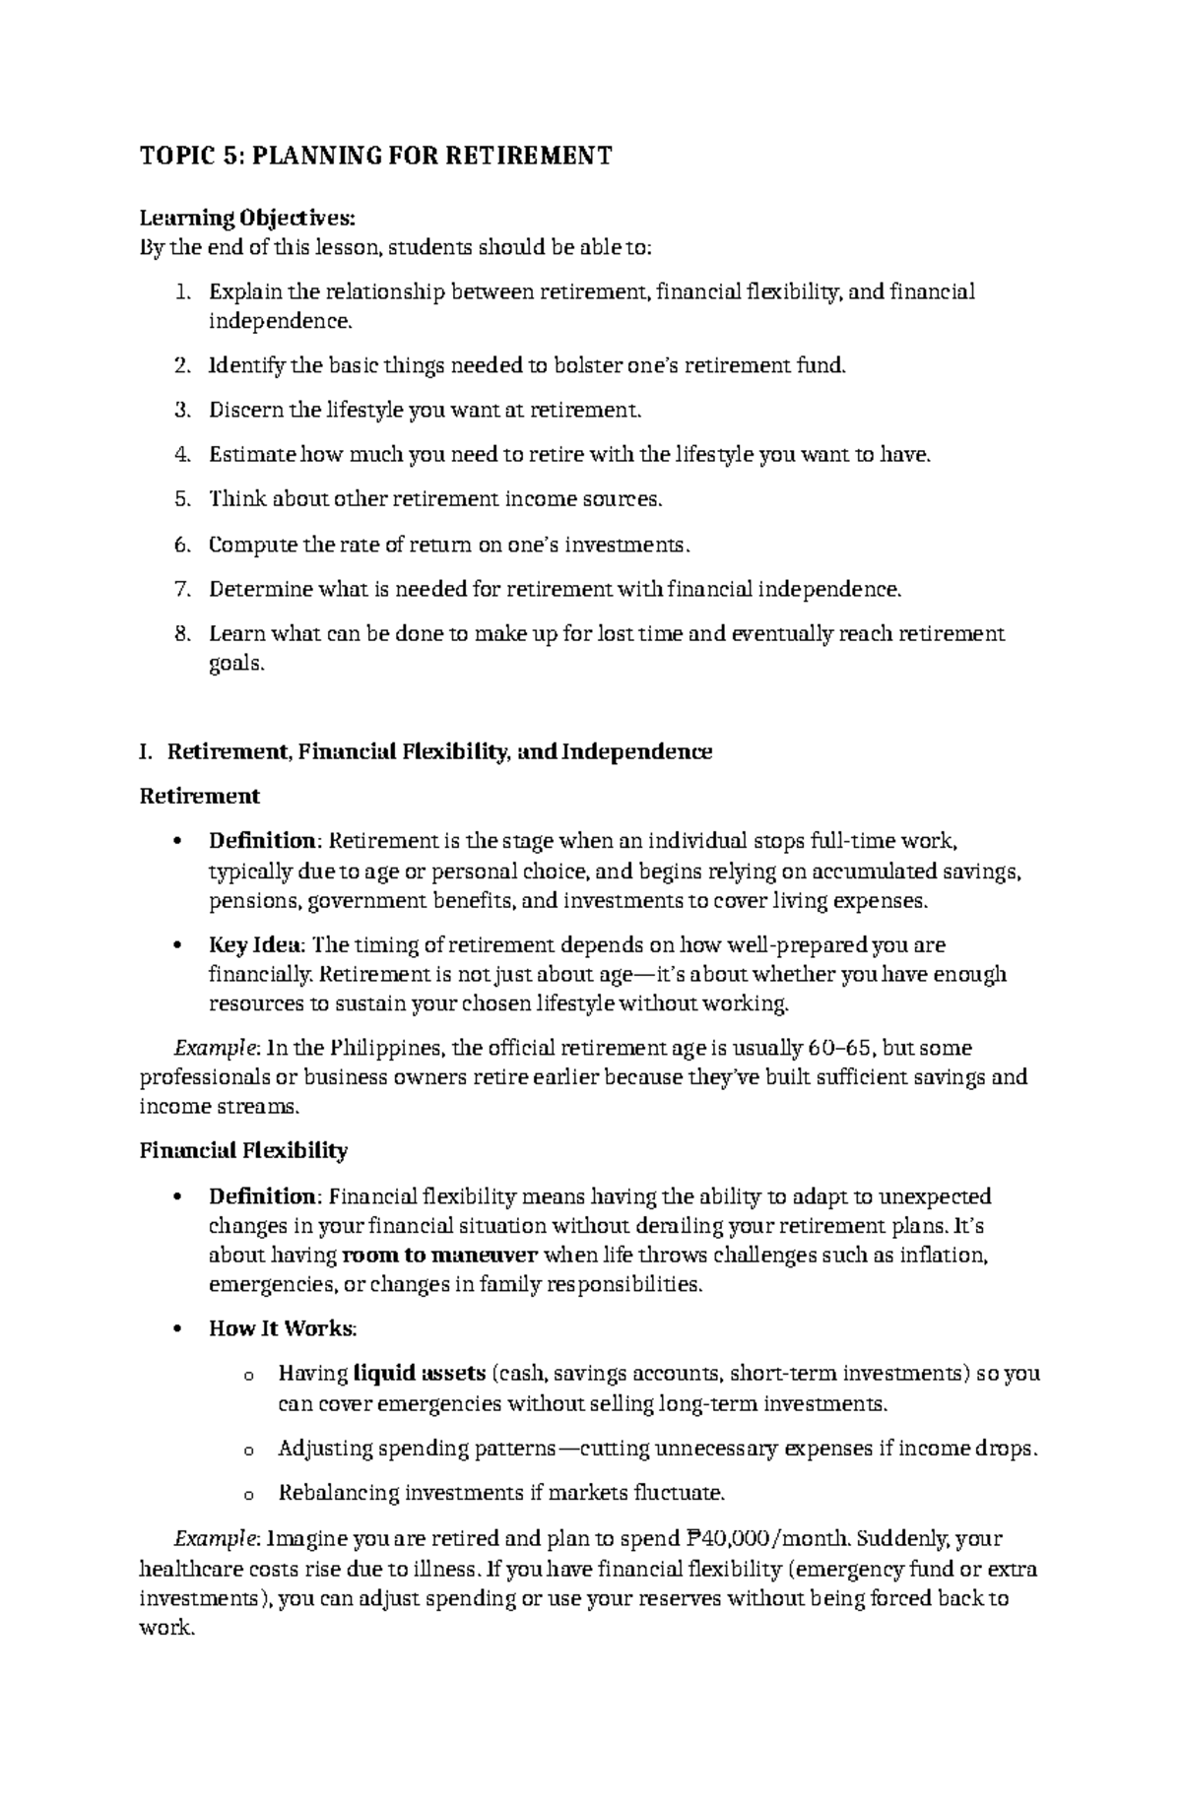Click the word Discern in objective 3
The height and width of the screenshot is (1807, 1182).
(x=243, y=410)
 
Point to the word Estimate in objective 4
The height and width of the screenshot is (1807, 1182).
(x=251, y=454)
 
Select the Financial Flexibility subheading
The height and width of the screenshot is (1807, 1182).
(x=243, y=1150)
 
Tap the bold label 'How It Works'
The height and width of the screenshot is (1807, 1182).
(x=281, y=1328)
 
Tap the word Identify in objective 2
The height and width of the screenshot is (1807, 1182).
(x=246, y=365)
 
